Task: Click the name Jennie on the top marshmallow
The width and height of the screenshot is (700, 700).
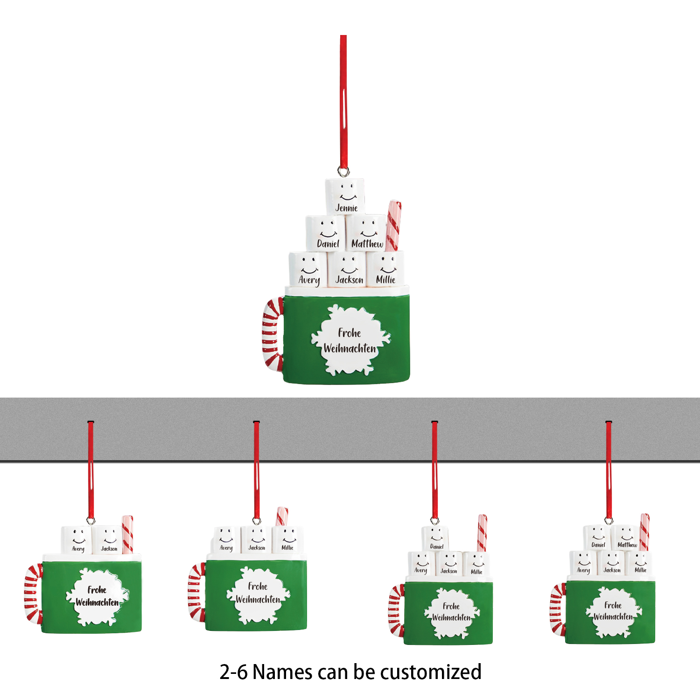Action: (346, 208)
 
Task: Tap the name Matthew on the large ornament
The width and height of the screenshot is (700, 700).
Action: (367, 244)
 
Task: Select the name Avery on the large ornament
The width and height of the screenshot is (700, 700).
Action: (309, 280)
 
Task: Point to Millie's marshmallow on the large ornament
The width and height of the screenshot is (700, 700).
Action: (385, 269)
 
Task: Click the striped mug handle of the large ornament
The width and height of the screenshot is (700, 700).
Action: (272, 334)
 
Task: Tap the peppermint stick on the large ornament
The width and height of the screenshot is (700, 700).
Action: (393, 226)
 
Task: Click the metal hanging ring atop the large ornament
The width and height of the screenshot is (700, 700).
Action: (344, 172)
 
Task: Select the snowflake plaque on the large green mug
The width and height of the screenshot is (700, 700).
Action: (350, 340)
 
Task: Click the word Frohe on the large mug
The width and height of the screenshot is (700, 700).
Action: (350, 333)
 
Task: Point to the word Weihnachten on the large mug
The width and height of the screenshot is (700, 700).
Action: (350, 348)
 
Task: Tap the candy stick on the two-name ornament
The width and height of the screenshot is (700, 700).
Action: (127, 534)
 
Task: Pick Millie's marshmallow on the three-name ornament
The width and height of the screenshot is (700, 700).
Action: (287, 540)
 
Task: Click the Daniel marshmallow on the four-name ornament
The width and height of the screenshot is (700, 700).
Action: (435, 539)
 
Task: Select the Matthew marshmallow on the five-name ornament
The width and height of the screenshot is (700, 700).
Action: (626, 538)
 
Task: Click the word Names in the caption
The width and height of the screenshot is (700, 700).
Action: (283, 672)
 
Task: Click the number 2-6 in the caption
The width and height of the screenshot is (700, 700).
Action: (233, 672)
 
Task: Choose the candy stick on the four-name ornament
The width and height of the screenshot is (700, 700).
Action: (482, 533)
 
